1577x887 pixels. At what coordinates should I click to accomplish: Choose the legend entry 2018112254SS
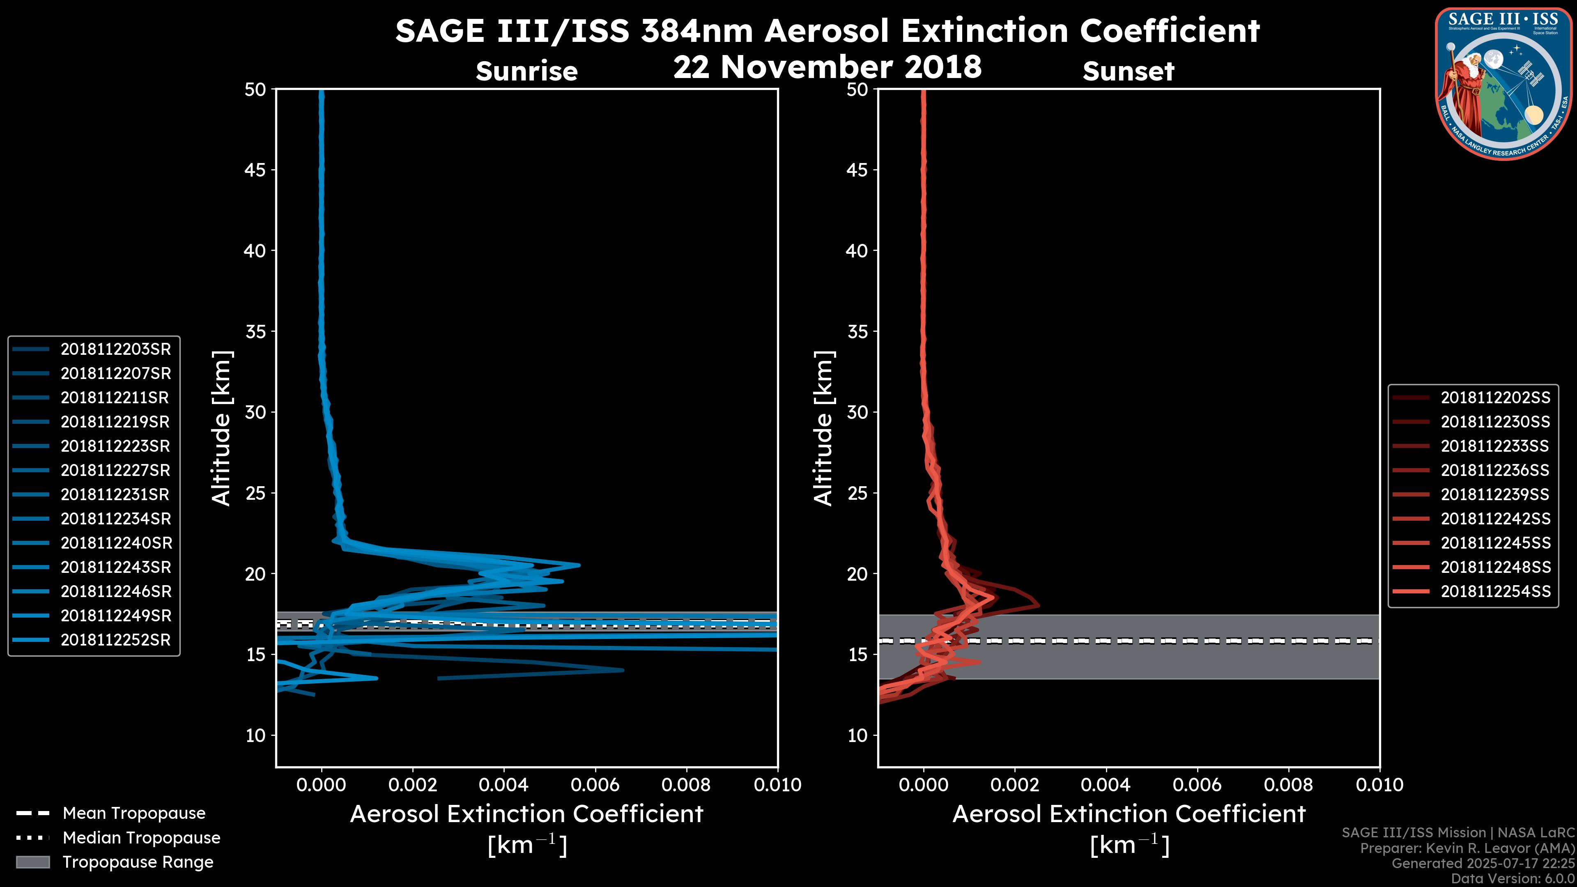(x=1495, y=592)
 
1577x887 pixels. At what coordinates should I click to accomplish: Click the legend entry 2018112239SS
(x=1495, y=494)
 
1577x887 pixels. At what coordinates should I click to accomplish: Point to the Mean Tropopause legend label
(x=134, y=813)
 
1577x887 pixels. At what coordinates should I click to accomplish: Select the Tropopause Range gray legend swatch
(x=32, y=862)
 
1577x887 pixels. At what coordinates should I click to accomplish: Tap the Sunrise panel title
(x=526, y=71)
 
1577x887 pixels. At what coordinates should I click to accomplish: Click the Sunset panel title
(x=1128, y=71)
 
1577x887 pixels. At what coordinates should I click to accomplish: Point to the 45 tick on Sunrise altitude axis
(x=255, y=170)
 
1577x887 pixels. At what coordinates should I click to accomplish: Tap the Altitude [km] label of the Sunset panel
(x=823, y=428)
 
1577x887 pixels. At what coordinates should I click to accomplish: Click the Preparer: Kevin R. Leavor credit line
(x=1467, y=848)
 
